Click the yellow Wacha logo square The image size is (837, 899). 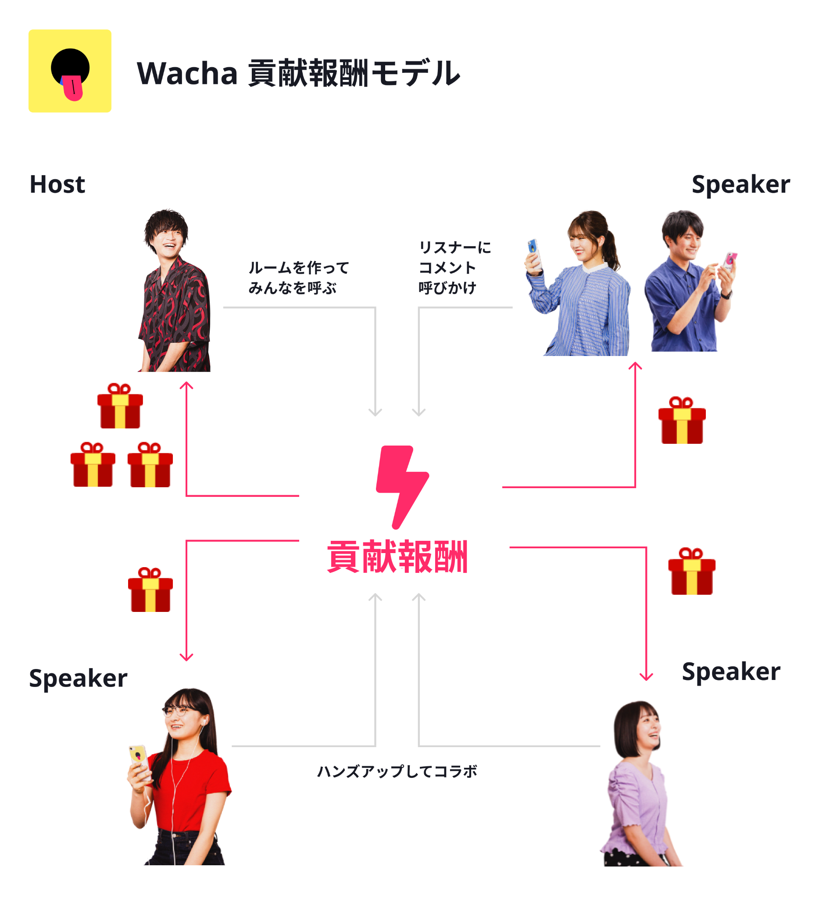[70, 71]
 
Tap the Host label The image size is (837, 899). [57, 184]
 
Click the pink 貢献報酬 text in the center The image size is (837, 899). [397, 557]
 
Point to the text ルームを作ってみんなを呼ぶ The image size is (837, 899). [298, 277]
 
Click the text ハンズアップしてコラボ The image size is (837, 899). [397, 771]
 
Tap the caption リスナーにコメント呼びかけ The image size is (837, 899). [454, 267]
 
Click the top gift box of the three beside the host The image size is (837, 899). [120, 406]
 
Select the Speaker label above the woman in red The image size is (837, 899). [78, 678]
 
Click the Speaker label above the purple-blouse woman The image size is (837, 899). [731, 672]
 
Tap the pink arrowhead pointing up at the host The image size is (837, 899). [186, 385]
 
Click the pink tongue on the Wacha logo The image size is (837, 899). [73, 87]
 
